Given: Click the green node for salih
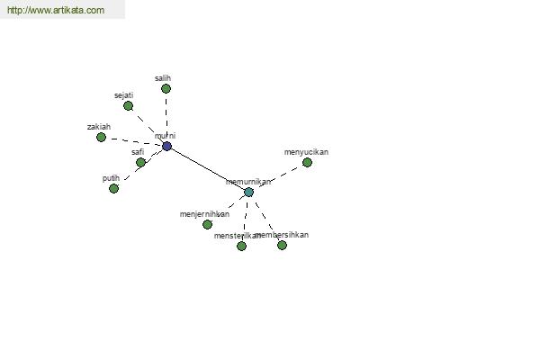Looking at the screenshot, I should pyautogui.click(x=166, y=88).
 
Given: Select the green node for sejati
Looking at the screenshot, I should pyautogui.click(x=128, y=105).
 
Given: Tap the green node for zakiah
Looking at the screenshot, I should pyautogui.click(x=101, y=137).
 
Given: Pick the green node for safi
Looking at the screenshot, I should pyautogui.click(x=140, y=163).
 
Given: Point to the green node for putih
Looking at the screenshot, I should pyautogui.click(x=113, y=188).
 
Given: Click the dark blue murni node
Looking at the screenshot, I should pyautogui.click(x=166, y=146).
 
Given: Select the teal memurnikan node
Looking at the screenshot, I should pyautogui.click(x=248, y=192).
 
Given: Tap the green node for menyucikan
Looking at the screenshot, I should pyautogui.click(x=307, y=162).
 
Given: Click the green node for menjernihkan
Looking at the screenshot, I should pyautogui.click(x=207, y=224).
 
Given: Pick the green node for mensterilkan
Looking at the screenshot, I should pyautogui.click(x=241, y=246).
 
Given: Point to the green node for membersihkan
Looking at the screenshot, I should pyautogui.click(x=282, y=245).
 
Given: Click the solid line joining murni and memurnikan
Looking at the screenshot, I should pyautogui.click(x=206, y=168).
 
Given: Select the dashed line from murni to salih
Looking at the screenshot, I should pyautogui.click(x=166, y=117).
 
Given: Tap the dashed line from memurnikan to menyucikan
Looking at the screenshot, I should pyautogui.click(x=278, y=176).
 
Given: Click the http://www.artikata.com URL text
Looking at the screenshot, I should pyautogui.click(x=56, y=11).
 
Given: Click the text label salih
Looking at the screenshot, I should pyautogui.click(x=163, y=78).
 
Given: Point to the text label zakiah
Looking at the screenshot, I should pyautogui.click(x=99, y=127).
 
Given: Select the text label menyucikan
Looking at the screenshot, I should pyautogui.click(x=306, y=152).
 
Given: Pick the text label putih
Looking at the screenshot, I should pyautogui.click(x=111, y=178).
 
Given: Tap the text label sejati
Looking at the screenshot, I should pyautogui.click(x=124, y=95).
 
